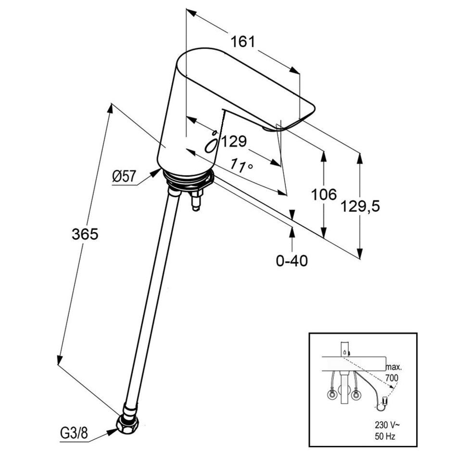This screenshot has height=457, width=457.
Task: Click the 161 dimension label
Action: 243,42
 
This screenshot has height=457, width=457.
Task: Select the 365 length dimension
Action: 85,234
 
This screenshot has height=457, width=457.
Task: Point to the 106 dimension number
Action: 324,194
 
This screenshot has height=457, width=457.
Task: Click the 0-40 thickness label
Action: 292,261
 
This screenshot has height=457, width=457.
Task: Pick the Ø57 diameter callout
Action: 125,177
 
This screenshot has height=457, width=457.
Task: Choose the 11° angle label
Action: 241,165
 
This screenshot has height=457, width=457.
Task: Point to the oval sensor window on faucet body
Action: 211,145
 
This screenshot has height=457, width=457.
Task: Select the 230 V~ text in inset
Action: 387,425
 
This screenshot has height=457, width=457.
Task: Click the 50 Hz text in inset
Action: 385,437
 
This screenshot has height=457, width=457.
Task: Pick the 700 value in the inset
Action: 392,378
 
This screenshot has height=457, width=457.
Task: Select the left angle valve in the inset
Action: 331,395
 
